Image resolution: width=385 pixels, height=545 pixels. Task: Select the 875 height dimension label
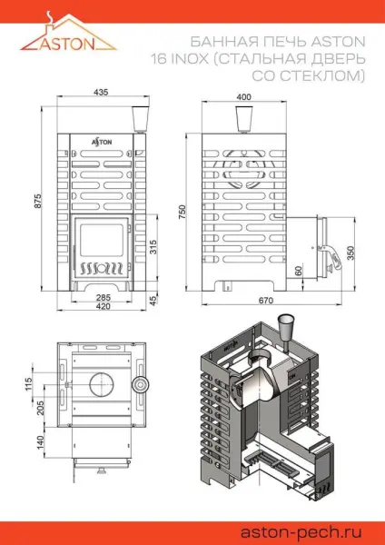click(x=38, y=206)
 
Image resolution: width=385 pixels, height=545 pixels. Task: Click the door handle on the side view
click(x=335, y=256)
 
